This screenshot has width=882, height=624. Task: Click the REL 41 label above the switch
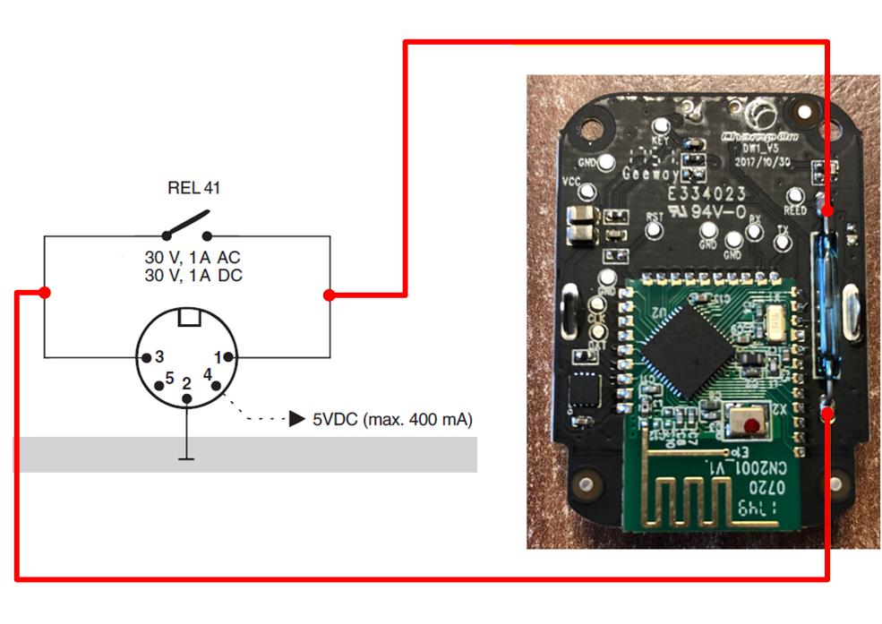(x=193, y=188)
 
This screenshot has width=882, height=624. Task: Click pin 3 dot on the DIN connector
(x=143, y=357)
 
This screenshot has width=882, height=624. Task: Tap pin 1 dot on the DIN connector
(x=229, y=357)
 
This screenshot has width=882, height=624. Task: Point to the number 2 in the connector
(x=186, y=385)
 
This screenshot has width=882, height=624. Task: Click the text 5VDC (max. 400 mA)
(x=392, y=419)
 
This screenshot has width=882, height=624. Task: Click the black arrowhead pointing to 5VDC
(x=296, y=419)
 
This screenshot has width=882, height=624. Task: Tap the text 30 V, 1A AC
(x=193, y=258)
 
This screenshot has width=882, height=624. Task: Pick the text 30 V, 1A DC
(x=193, y=276)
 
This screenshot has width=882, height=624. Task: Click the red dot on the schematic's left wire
(x=45, y=293)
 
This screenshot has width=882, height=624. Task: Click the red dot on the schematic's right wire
(x=330, y=295)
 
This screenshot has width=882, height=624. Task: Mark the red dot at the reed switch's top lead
(x=828, y=211)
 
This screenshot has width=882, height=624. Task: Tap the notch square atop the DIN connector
(x=188, y=318)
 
